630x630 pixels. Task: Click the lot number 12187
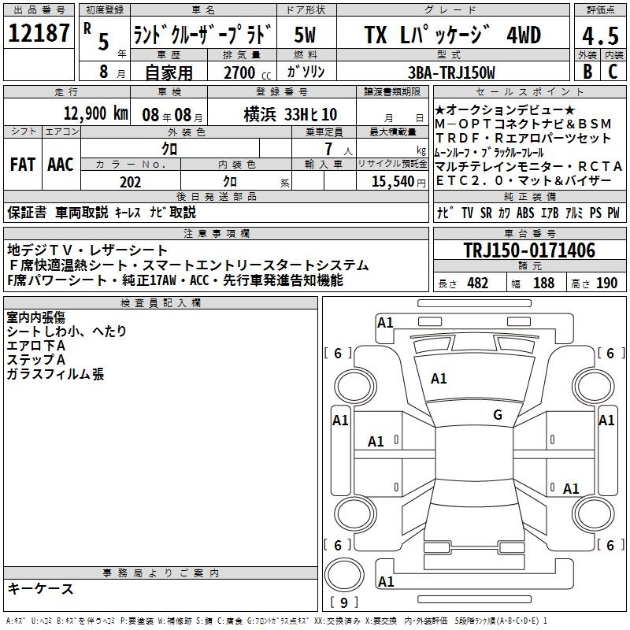pyautogui.click(x=39, y=32)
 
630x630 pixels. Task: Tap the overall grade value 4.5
pyautogui.click(x=600, y=35)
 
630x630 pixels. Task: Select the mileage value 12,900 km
pyautogui.click(x=95, y=113)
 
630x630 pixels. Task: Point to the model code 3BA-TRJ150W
pyautogui.click(x=451, y=72)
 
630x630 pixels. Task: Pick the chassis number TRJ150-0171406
pyautogui.click(x=529, y=250)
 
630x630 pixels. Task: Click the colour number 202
pyautogui.click(x=130, y=182)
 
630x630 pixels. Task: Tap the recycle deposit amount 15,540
pyautogui.click(x=393, y=182)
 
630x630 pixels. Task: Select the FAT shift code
pyautogui.click(x=23, y=165)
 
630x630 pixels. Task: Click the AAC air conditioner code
pyautogui.click(x=61, y=165)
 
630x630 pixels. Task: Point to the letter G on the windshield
pyautogui.click(x=498, y=414)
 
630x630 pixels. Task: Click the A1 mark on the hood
pyautogui.click(x=439, y=379)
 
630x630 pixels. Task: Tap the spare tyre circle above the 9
pyautogui.click(x=344, y=575)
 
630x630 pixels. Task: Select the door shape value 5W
pyautogui.click(x=305, y=35)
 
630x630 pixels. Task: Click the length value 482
pyautogui.click(x=477, y=283)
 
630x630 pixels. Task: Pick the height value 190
pyautogui.click(x=606, y=283)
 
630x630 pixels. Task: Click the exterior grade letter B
pyautogui.click(x=587, y=72)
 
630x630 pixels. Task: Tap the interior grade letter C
pyautogui.click(x=613, y=72)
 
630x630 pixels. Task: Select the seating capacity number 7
pyautogui.click(x=328, y=149)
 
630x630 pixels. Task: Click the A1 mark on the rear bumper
pyautogui.click(x=386, y=581)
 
